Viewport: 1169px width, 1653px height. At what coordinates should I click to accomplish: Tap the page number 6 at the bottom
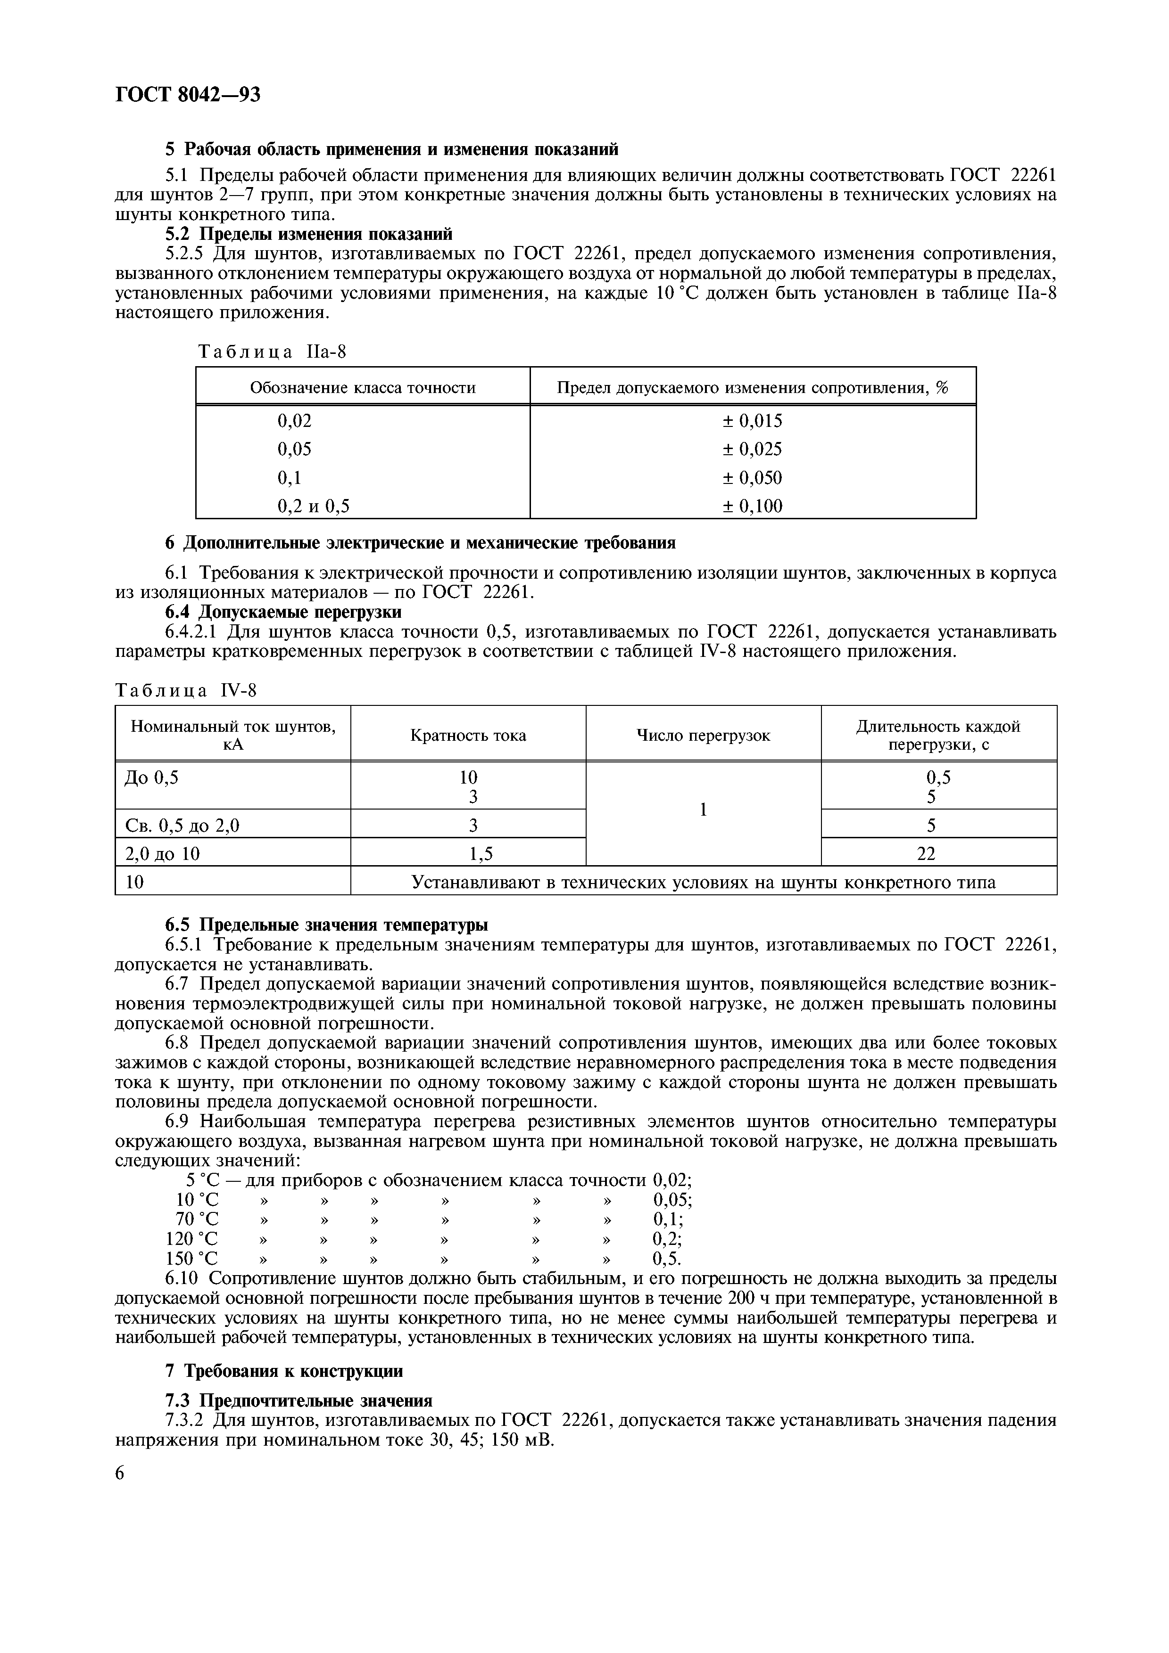(120, 1473)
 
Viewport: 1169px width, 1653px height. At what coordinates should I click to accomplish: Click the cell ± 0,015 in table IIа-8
(752, 421)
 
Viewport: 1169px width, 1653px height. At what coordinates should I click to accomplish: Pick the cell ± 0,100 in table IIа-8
(752, 506)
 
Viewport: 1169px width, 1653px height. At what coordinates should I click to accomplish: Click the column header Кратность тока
(468, 735)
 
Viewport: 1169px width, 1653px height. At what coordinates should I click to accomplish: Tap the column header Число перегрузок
(703, 735)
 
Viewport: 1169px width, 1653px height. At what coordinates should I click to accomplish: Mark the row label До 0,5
(151, 777)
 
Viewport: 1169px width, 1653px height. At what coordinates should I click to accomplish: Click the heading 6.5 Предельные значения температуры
(326, 925)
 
